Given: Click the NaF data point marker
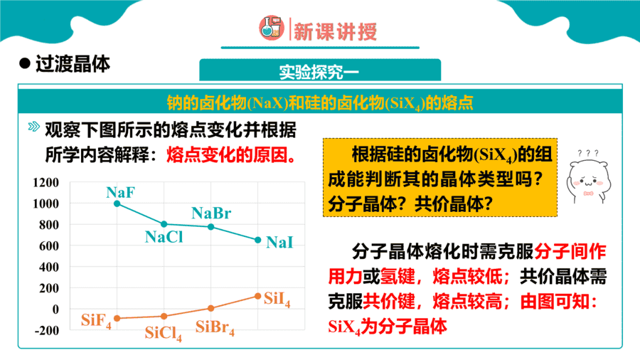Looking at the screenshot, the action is coord(117,203).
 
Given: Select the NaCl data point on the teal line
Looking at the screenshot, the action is coord(164,224).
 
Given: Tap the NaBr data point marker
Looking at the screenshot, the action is coord(211,227).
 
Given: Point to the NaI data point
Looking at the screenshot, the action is coord(258,240).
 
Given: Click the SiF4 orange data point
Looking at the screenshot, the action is coord(117,318).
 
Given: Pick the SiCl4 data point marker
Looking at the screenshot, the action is coord(164,316).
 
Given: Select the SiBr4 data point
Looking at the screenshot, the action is coord(211,308).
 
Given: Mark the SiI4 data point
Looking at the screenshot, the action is coord(258,296).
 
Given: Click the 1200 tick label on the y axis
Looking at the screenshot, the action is coord(46,182).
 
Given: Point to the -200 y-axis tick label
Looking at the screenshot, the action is coord(47,330).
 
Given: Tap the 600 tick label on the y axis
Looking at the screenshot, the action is coord(49,245).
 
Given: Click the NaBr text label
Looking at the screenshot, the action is coord(211,213).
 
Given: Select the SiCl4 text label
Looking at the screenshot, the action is coord(164,334).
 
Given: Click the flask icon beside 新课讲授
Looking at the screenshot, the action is coord(272,28).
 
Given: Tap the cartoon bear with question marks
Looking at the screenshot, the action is coord(588,177).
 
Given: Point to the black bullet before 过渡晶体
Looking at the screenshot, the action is coord(25,63).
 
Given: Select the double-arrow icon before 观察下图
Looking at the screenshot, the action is coord(34,127).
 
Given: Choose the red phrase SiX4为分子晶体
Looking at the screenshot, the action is coord(388,327).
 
